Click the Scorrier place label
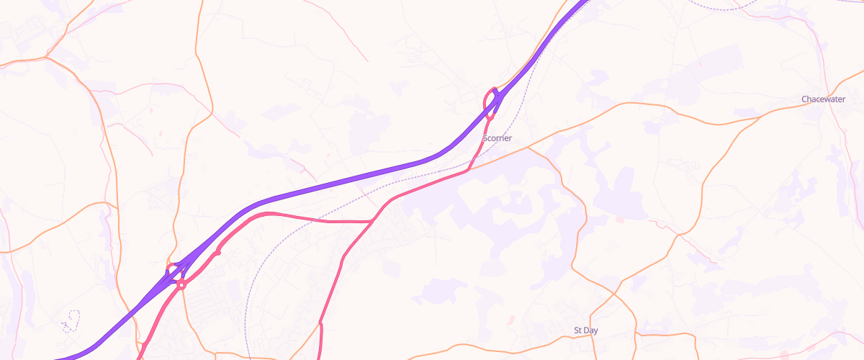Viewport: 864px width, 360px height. (497, 138)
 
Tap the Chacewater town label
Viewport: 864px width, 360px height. (824, 99)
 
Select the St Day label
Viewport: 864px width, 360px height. (585, 330)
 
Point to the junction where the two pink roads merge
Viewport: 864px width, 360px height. (373, 221)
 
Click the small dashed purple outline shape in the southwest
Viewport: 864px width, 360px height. (70, 321)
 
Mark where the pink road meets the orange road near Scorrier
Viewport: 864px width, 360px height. (469, 170)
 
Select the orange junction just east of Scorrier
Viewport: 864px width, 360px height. (528, 148)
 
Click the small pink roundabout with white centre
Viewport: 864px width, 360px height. (181, 285)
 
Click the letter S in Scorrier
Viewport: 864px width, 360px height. (485, 138)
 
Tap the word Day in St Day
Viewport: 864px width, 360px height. (591, 330)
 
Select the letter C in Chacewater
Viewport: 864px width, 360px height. (804, 99)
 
